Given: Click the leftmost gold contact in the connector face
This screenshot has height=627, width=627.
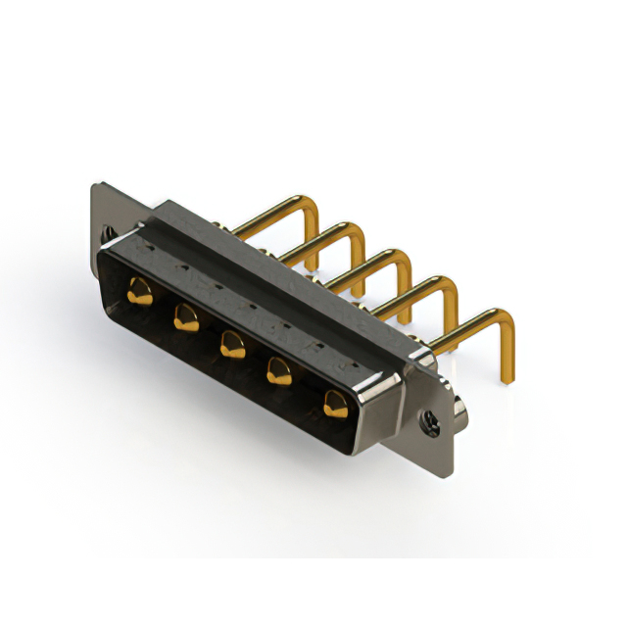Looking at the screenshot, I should tap(139, 289).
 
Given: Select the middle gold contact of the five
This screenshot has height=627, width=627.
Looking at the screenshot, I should tap(232, 342).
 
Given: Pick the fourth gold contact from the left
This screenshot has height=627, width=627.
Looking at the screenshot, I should tap(280, 369).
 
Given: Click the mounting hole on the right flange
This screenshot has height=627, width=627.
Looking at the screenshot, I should tap(428, 422).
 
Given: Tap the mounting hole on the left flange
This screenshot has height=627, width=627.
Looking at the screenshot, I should tap(107, 234).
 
